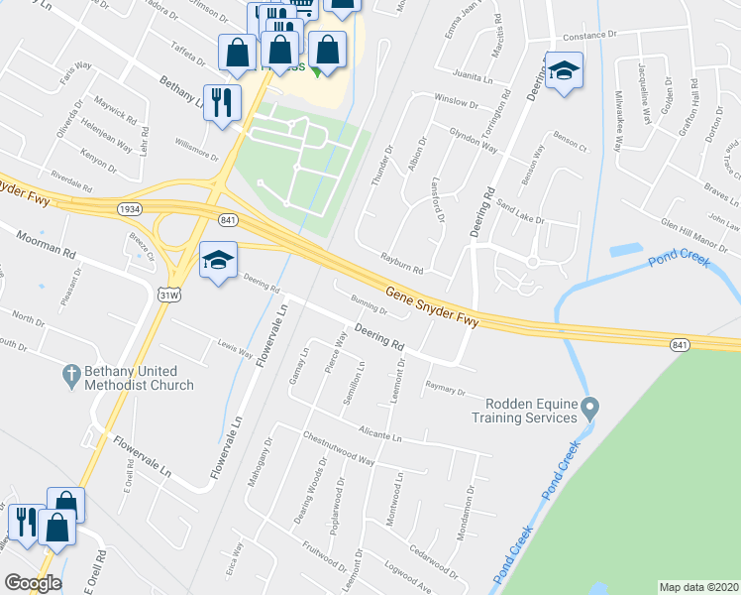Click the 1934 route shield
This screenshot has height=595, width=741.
point(128,209)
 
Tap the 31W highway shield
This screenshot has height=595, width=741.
point(169,295)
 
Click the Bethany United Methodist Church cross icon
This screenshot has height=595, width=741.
point(69,375)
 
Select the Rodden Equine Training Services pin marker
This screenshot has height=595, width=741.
point(590,408)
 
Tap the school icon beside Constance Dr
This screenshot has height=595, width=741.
point(564,71)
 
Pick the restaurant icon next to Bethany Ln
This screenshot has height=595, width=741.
point(222,101)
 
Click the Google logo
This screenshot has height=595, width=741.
point(32,583)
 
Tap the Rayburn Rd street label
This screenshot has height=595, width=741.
point(402,263)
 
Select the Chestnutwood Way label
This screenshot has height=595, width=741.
point(340,448)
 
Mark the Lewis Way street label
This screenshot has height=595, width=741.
point(235,349)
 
